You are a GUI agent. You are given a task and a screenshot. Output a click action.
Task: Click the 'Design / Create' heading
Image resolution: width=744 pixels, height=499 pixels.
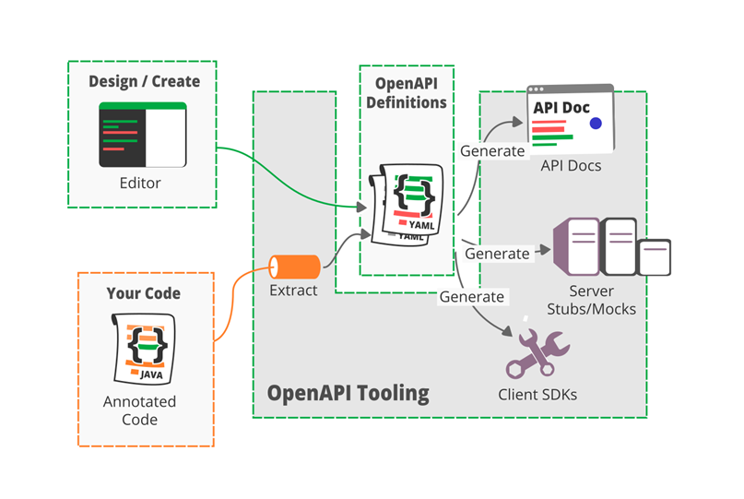click(x=144, y=81)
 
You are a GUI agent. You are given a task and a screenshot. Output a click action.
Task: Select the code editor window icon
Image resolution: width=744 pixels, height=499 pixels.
click(x=143, y=135)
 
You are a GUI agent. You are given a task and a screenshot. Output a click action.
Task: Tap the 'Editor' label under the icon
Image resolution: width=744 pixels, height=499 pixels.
click(x=140, y=183)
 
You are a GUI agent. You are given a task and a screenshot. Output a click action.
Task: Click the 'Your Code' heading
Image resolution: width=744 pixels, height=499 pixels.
click(x=144, y=293)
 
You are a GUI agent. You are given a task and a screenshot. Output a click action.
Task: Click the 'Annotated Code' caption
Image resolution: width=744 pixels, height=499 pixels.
click(x=139, y=410)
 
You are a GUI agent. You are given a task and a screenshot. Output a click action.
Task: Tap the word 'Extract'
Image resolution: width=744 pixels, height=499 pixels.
click(x=293, y=291)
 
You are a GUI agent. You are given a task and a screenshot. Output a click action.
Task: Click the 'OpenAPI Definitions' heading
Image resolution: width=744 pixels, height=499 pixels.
click(x=407, y=92)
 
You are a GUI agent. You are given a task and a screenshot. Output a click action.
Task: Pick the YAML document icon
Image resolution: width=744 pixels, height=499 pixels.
click(x=408, y=201)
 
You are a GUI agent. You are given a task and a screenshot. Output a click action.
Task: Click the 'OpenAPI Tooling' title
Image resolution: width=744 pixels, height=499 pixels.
click(x=348, y=393)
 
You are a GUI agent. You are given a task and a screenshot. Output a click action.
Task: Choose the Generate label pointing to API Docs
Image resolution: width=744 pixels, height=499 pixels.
click(x=492, y=150)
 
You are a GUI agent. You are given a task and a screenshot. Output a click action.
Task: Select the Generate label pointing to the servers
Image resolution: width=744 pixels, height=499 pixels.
click(x=497, y=253)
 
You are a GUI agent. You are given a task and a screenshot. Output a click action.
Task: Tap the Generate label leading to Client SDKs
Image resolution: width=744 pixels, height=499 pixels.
click(x=471, y=297)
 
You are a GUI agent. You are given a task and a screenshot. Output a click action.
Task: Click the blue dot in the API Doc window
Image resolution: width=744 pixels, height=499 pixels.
click(x=596, y=123)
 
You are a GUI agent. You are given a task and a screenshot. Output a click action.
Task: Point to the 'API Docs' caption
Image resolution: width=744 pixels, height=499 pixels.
click(x=572, y=166)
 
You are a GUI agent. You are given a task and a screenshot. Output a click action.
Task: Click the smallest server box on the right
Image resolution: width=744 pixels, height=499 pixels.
click(x=655, y=257)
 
